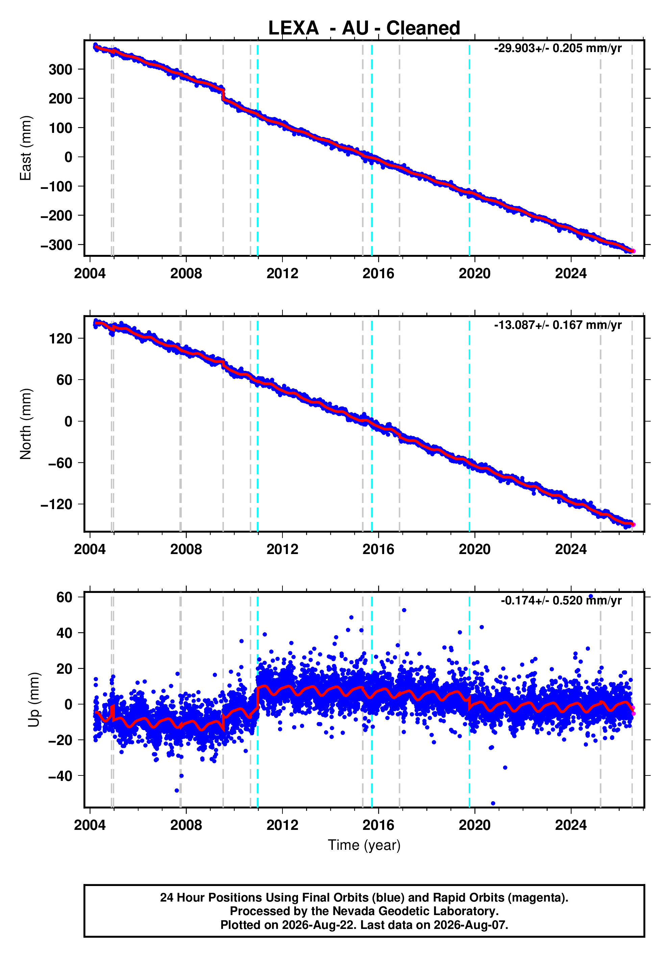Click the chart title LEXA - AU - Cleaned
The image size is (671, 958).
[x=364, y=28]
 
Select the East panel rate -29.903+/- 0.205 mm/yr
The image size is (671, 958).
[x=557, y=48]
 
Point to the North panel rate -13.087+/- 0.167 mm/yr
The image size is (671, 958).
[x=557, y=325]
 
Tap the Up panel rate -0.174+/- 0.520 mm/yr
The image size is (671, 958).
[x=561, y=600]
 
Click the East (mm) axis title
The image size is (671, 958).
[x=25, y=148]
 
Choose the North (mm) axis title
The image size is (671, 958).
[x=25, y=424]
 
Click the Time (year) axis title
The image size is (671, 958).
[x=364, y=845]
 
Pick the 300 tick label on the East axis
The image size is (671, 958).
[x=60, y=69]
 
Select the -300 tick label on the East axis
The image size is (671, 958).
[x=56, y=245]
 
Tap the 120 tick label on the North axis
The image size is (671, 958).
[x=60, y=338]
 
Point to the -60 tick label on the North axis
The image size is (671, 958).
[x=60, y=463]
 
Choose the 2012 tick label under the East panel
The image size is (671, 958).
[x=282, y=274]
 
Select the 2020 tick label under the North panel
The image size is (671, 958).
[x=475, y=550]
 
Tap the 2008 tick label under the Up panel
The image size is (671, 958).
[x=186, y=825]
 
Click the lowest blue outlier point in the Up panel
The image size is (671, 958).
[x=493, y=803]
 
